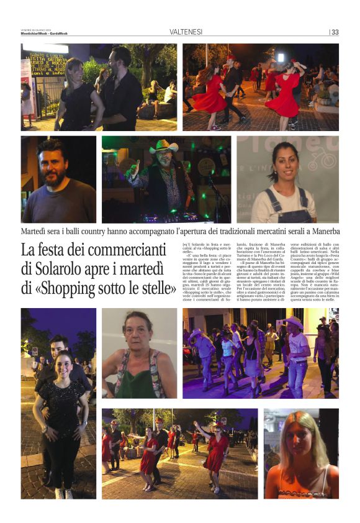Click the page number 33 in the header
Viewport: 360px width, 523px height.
335,32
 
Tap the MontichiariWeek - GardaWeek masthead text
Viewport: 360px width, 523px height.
45,34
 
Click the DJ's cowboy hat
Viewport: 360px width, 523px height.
163,147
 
